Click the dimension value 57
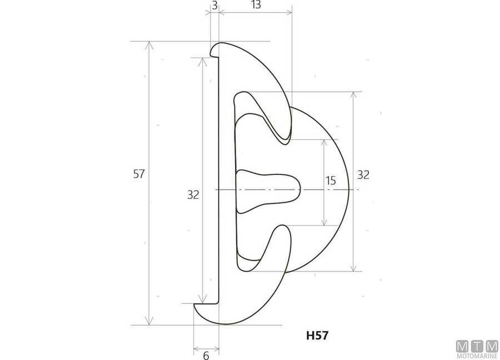[139, 174]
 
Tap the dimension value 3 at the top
[214, 6]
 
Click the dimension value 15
[331, 180]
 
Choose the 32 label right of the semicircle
[363, 174]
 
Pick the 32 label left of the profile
[193, 194]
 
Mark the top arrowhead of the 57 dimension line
[149, 45]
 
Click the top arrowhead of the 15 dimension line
[324, 142]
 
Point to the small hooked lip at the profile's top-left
[214, 52]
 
